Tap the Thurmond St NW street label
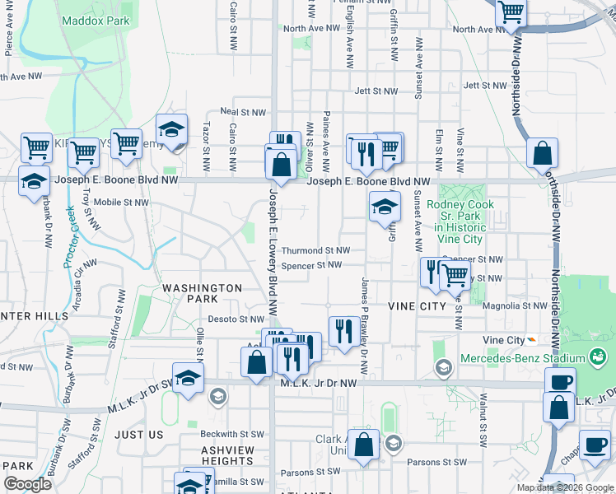click(316, 250)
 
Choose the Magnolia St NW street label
click(516, 305)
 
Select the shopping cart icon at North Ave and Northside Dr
click(511, 12)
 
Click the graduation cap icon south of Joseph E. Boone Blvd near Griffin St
click(385, 207)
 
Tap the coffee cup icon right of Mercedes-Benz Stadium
click(561, 382)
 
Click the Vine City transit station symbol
click(533, 340)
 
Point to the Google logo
click(27, 484)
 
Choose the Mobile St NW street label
click(121, 202)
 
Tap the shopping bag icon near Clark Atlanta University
click(362, 445)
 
